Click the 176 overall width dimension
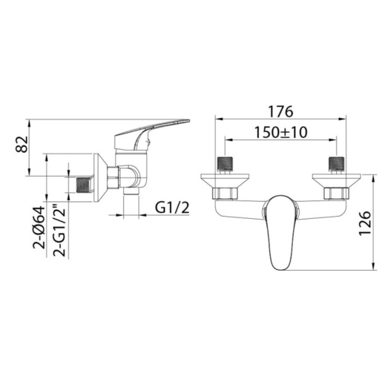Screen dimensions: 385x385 click(x=280, y=112)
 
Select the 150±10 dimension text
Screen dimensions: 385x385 click(x=280, y=132)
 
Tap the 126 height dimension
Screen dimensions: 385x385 click(x=364, y=223)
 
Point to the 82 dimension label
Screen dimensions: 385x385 click(x=22, y=144)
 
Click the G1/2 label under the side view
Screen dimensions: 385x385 click(x=172, y=208)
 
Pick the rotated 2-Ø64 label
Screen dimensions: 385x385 click(x=39, y=228)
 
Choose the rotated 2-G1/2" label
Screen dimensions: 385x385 click(x=60, y=230)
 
